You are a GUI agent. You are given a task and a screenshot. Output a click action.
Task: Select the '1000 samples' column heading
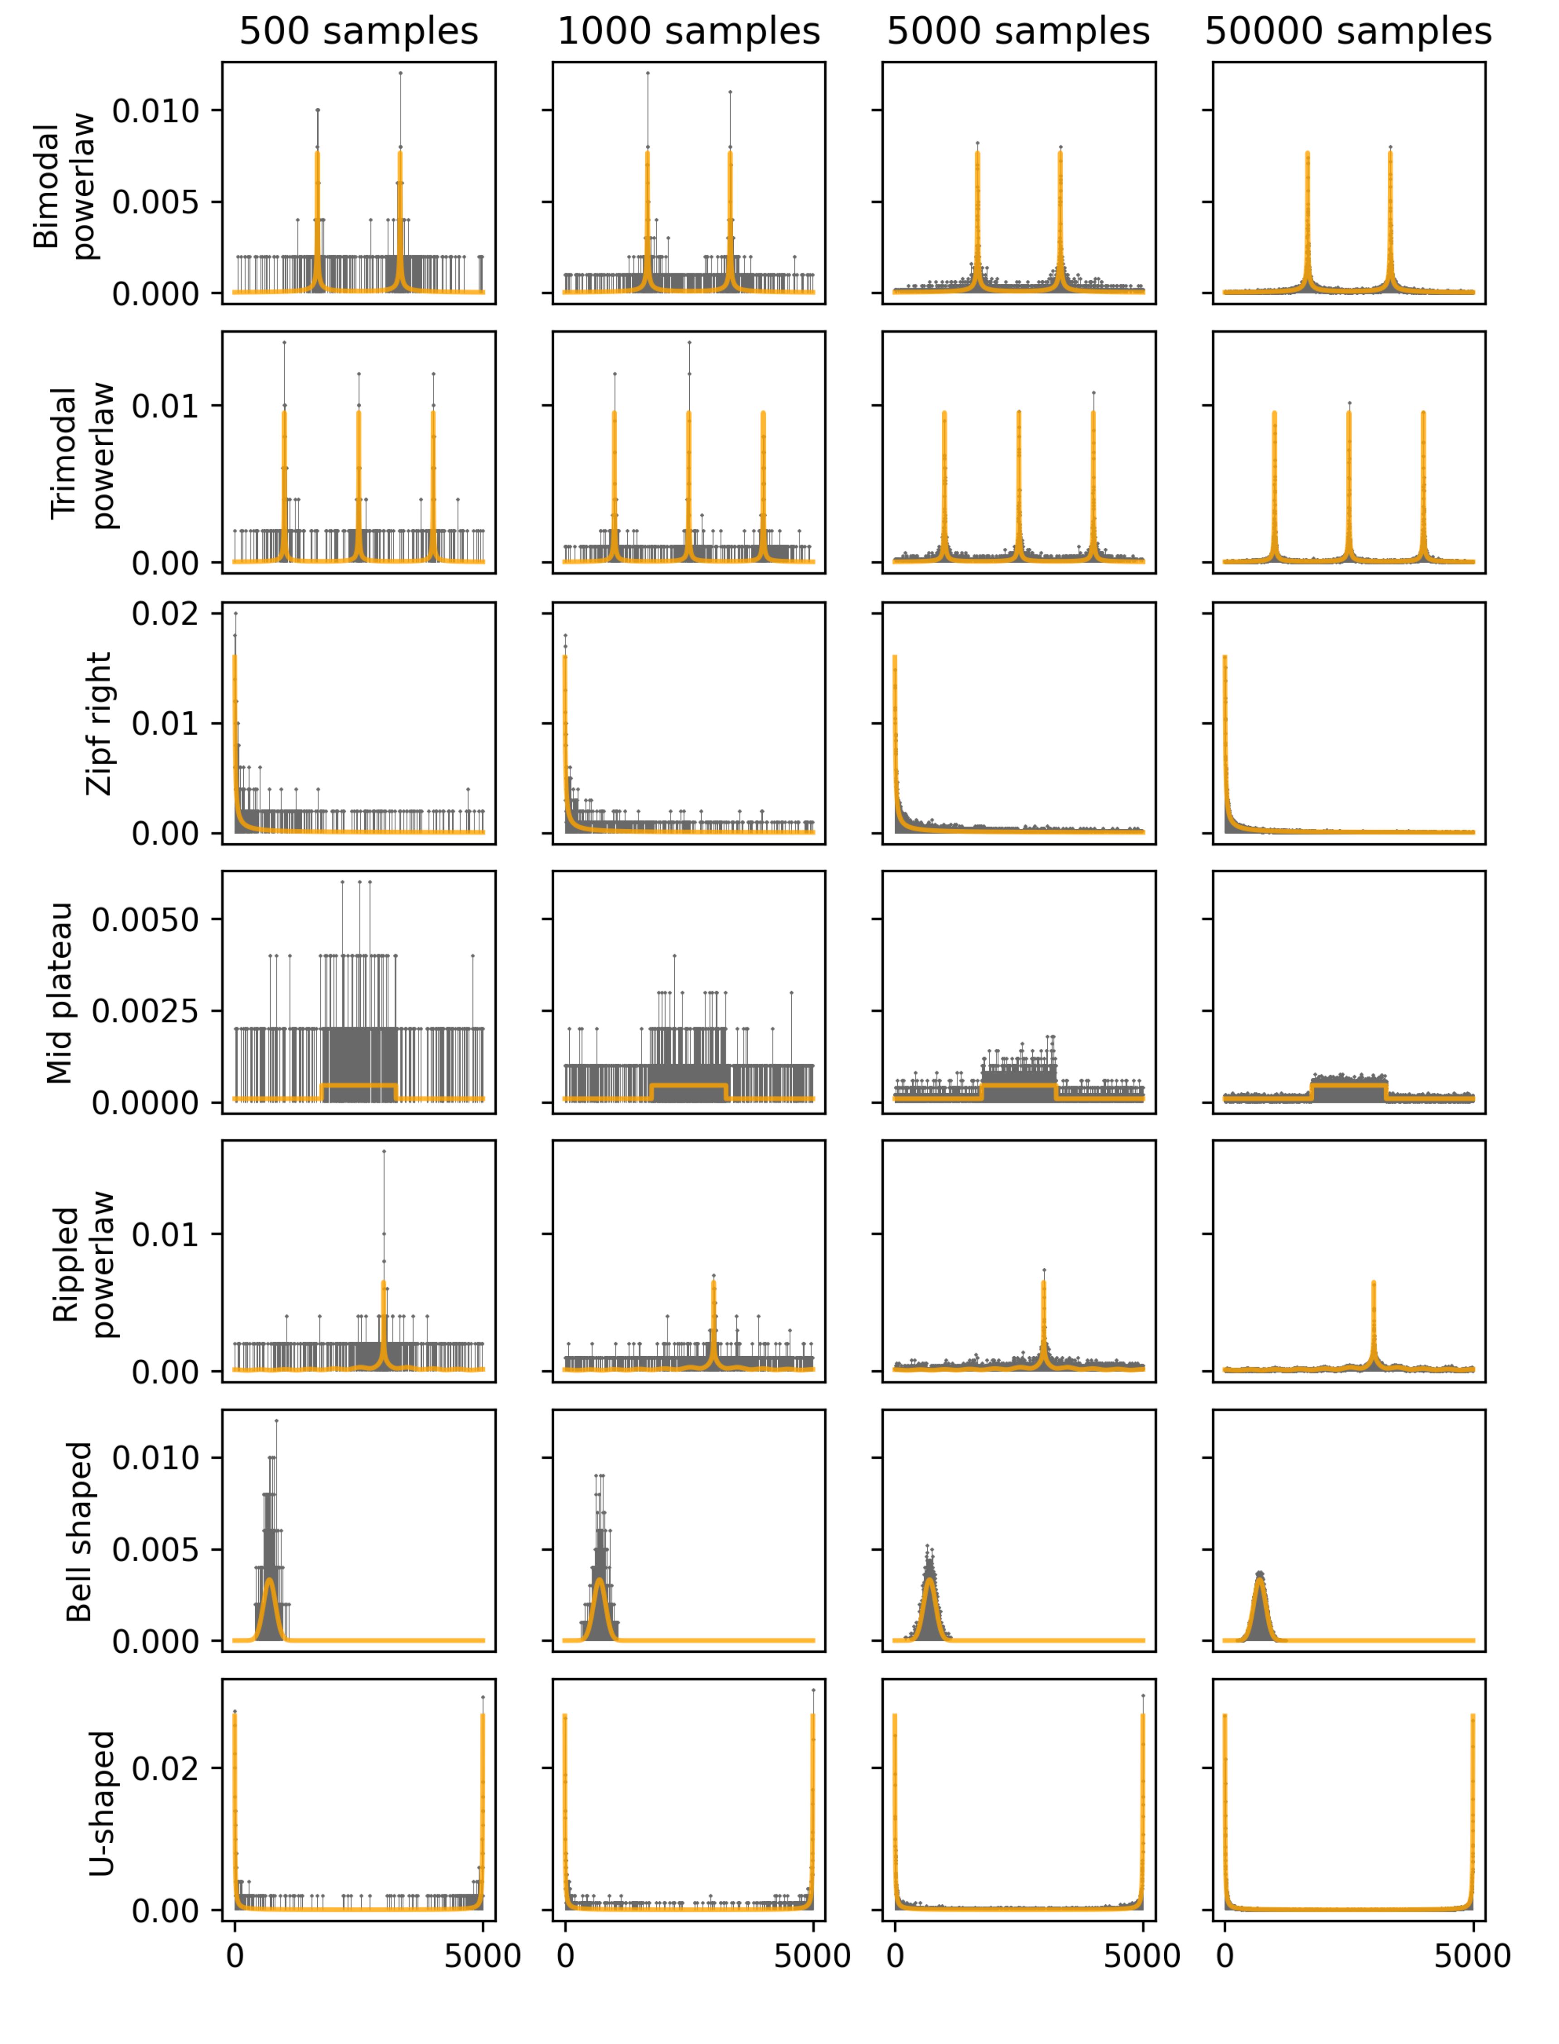tap(688, 32)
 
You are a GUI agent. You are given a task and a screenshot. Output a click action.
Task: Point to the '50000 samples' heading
tap(1348, 32)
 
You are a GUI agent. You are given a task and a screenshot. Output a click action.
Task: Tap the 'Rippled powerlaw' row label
tap(83, 1262)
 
